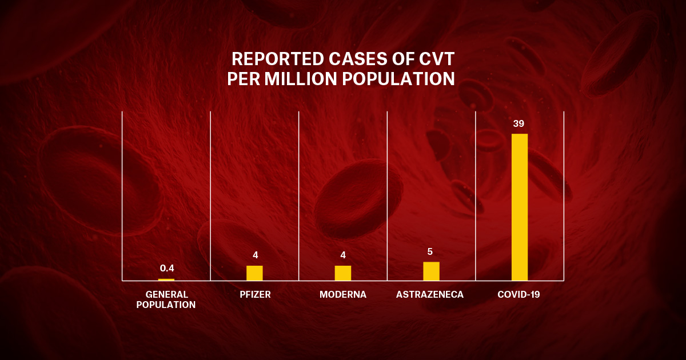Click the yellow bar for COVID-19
(x=519, y=207)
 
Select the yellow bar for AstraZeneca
(x=431, y=271)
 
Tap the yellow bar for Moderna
(x=343, y=273)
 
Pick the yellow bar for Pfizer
(x=254, y=273)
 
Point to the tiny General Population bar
(x=166, y=279)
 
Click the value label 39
(x=519, y=123)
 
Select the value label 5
(x=431, y=251)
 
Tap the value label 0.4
(x=167, y=268)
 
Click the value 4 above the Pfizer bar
(x=255, y=255)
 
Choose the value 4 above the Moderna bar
(x=343, y=255)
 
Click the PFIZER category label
(x=255, y=295)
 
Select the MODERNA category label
(x=343, y=295)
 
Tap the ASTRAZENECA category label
(x=430, y=295)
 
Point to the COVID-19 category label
(x=519, y=295)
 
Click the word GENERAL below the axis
(x=166, y=295)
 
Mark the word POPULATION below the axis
(x=166, y=305)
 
